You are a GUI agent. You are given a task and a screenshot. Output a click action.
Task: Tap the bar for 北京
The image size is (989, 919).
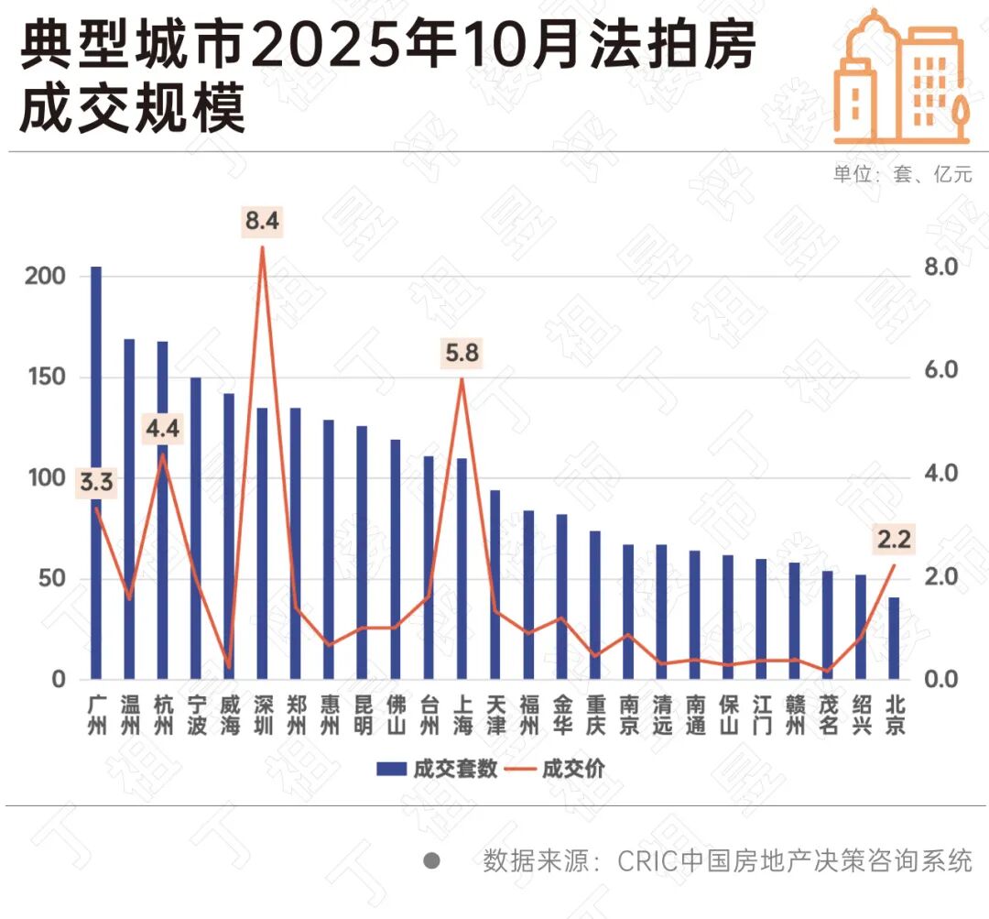[x=894, y=639]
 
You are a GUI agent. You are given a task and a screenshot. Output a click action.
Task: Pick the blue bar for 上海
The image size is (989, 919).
[x=462, y=569]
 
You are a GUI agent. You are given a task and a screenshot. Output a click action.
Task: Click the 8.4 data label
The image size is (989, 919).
[x=262, y=221]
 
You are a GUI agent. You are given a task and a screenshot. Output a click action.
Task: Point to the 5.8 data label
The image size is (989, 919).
[x=462, y=353]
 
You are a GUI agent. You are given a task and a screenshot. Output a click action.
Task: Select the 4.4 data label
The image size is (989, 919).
[x=162, y=427]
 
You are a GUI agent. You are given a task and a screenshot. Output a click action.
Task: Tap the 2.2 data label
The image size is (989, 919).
[x=894, y=542]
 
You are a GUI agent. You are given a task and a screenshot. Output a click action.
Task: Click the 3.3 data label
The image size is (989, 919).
[x=96, y=483]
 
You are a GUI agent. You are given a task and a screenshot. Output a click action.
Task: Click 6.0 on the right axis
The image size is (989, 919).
[x=937, y=370]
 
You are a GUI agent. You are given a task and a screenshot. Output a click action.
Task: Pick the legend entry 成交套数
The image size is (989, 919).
[x=438, y=768]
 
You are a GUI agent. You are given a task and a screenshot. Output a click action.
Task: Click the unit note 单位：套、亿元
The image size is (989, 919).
[x=902, y=175]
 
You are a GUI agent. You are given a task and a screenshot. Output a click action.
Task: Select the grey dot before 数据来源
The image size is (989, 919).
[x=431, y=861]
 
